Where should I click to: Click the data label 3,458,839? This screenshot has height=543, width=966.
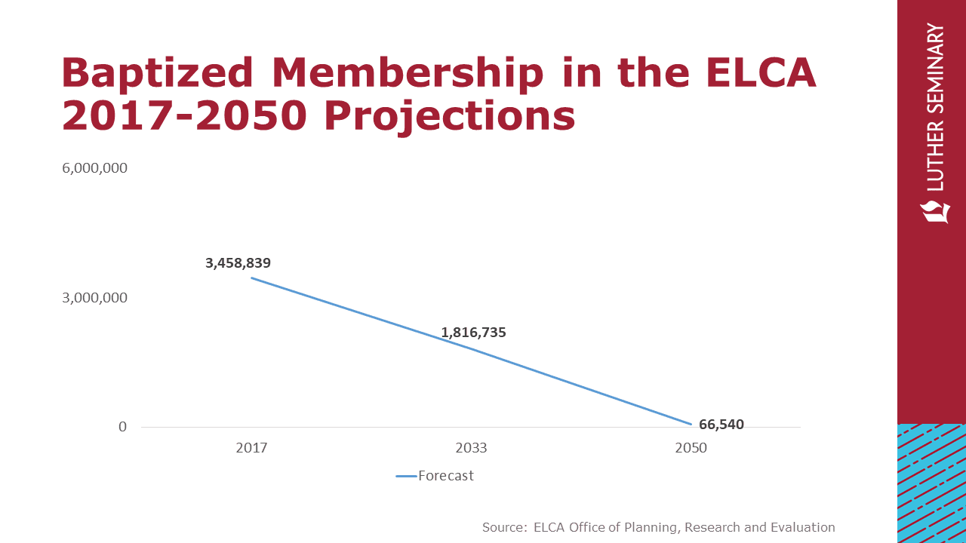[x=238, y=263]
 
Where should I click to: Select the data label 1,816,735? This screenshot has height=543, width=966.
[x=473, y=332]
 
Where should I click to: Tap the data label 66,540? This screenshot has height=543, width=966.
[x=721, y=425]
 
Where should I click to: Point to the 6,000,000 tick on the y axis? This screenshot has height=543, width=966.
[x=94, y=168]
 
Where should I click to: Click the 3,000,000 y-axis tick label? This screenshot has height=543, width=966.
[x=94, y=298]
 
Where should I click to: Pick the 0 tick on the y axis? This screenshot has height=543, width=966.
[x=123, y=428]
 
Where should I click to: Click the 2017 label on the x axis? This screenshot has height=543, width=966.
[x=251, y=448]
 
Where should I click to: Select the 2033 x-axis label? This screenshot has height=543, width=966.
[x=471, y=448]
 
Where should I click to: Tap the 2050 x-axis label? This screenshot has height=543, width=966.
[x=691, y=448]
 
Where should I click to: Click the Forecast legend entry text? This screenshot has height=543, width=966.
[x=446, y=476]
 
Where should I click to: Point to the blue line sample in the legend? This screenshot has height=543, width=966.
[x=406, y=476]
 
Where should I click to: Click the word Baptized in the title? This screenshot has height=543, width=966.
[x=158, y=74]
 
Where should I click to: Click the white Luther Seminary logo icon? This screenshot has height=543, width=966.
[x=935, y=212]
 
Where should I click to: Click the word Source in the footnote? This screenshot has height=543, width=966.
[x=503, y=527]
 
